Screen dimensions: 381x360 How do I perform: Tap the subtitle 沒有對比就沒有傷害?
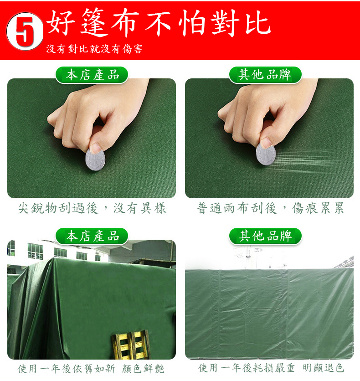click(94, 49)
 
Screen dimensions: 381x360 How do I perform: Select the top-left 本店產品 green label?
click(92, 75)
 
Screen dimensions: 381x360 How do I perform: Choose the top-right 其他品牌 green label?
click(265, 75)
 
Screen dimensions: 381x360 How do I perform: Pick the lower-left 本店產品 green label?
click(92, 236)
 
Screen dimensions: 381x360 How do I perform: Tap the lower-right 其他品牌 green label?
click(265, 236)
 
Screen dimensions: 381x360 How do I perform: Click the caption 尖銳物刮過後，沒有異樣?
click(92, 209)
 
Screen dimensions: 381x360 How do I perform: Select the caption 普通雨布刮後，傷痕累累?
click(270, 209)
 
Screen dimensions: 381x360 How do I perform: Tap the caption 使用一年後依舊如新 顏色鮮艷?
click(91, 368)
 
